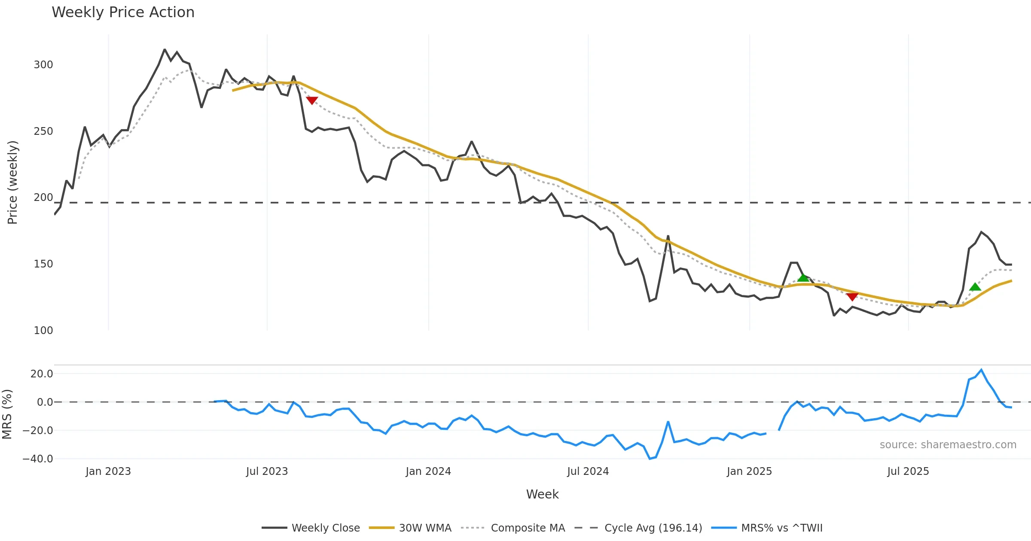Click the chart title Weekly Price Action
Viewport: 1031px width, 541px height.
point(123,12)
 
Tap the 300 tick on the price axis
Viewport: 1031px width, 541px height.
point(43,65)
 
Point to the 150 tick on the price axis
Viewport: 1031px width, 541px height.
point(43,264)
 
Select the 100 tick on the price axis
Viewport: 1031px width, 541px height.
point(43,331)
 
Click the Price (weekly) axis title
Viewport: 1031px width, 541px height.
point(12,182)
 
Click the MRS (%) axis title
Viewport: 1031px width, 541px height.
point(7,414)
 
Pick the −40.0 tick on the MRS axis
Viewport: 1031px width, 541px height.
point(38,459)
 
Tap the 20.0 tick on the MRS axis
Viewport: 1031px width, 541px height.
point(42,374)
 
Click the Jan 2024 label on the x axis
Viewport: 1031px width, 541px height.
point(428,471)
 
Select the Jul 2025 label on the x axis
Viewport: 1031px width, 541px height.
point(908,471)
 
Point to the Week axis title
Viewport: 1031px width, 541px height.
point(542,495)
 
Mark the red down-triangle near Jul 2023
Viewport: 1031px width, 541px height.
point(312,100)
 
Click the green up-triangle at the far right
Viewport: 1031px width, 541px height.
point(975,287)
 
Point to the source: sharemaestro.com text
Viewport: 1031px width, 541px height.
point(948,445)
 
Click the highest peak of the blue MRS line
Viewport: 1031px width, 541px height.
point(981,370)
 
